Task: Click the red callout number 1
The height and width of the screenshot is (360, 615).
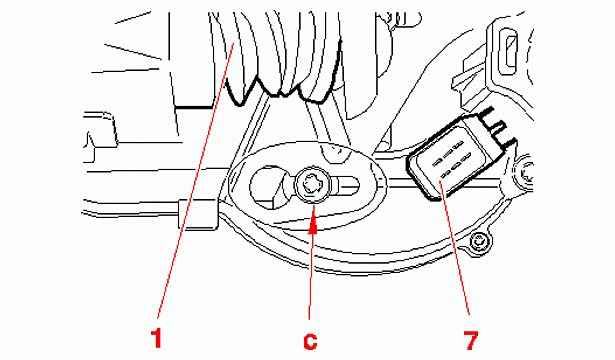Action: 157,339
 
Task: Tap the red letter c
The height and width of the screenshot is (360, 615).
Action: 310,342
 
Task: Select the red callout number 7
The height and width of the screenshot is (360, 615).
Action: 470,340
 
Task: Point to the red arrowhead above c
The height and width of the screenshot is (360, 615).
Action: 312,226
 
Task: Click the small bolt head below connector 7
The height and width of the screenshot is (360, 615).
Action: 479,242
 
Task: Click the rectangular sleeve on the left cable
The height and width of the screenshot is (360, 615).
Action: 197,213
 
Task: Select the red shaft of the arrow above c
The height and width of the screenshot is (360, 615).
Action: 311,275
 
